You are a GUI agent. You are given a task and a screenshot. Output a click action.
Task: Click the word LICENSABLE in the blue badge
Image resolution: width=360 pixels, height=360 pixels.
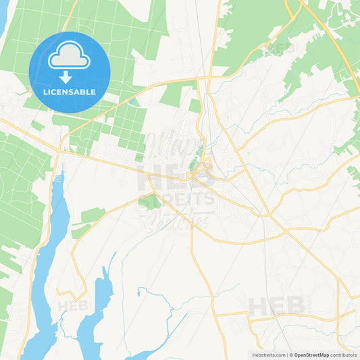pos(70,91)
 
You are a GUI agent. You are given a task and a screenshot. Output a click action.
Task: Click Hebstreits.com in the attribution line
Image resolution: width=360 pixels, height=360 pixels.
pos(267,355)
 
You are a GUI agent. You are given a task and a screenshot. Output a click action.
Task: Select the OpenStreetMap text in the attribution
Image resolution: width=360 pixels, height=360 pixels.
pos(311,355)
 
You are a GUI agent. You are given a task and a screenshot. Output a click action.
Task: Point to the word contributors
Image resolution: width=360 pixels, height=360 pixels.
pos(344,355)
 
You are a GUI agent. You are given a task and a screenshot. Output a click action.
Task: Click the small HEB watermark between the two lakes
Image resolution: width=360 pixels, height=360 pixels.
pos(72,305)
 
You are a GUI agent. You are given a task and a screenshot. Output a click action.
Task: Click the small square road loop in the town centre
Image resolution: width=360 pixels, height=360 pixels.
pos(202,177)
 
